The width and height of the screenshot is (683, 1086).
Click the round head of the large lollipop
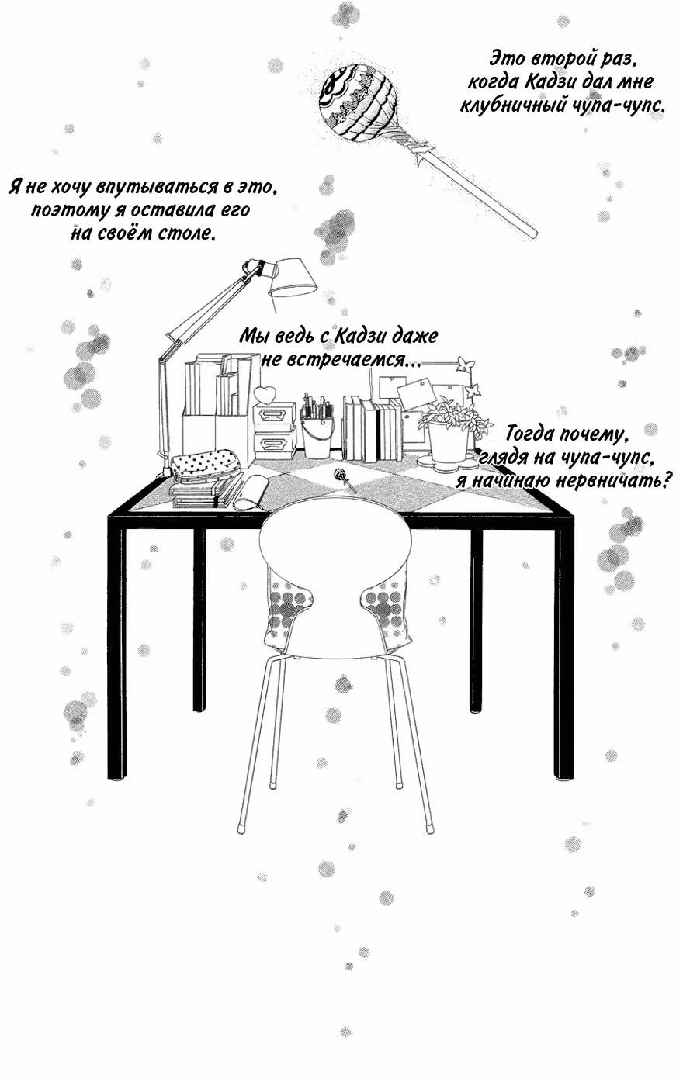358,99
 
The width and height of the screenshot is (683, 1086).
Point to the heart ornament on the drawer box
265,393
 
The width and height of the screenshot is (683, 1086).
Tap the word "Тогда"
529,433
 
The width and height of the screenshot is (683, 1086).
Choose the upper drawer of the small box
273,415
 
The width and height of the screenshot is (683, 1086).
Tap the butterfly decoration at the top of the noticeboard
465,362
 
